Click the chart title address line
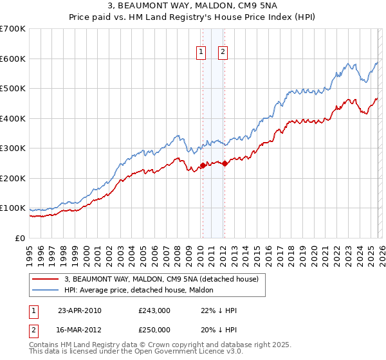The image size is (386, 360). click(x=193, y=6)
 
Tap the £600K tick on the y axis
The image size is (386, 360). click(x=12, y=59)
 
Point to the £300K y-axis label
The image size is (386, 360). click(x=12, y=148)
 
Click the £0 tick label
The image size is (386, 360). click(x=20, y=239)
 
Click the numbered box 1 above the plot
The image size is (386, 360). click(x=202, y=53)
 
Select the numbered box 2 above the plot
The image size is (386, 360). click(x=223, y=53)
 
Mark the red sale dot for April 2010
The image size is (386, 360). click(x=203, y=165)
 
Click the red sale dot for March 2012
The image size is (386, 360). click(x=225, y=163)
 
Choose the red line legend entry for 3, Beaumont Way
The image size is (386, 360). click(x=161, y=279)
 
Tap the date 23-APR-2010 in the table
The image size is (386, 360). click(x=80, y=310)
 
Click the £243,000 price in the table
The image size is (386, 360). click(x=154, y=310)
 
